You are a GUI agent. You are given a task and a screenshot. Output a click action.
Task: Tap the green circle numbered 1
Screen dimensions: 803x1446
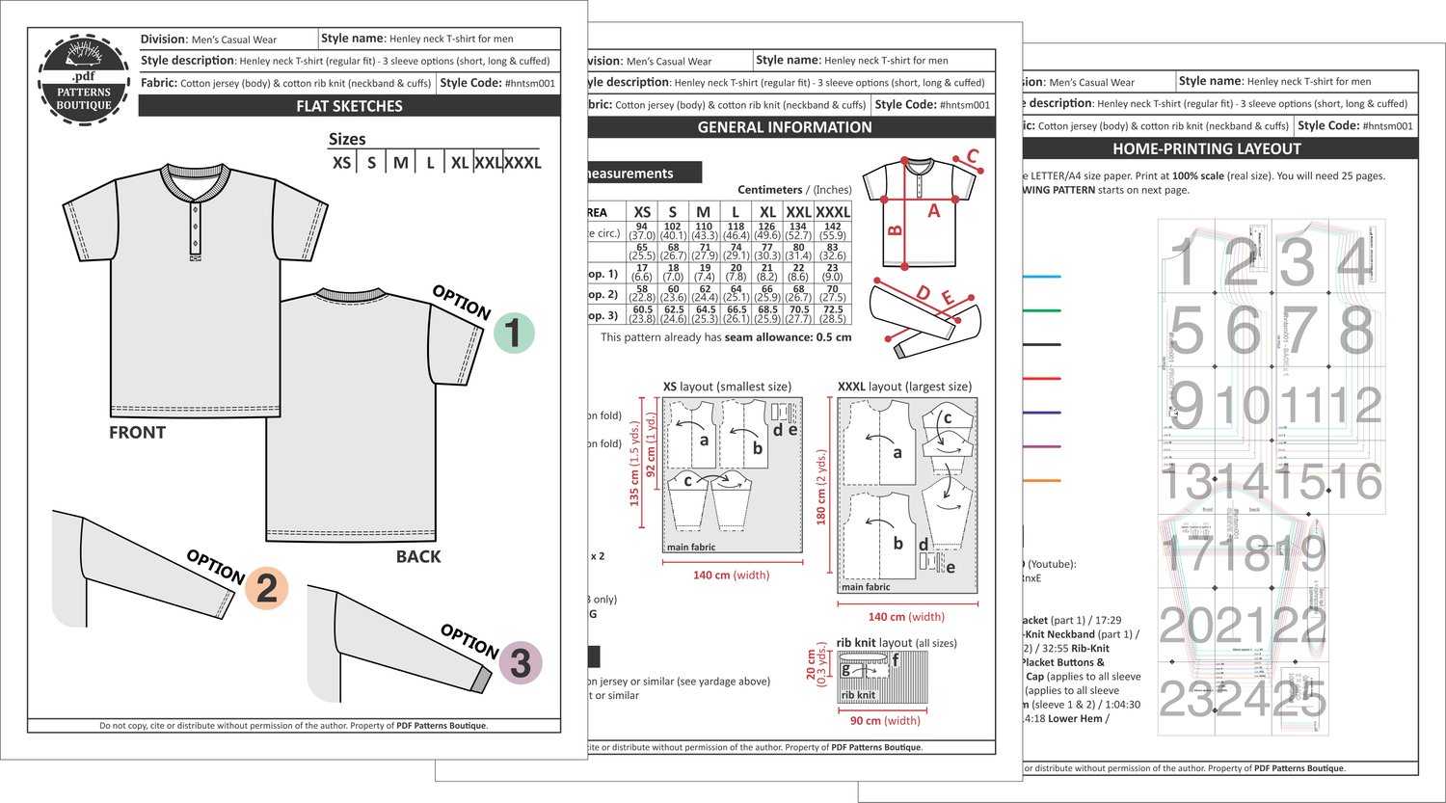514,334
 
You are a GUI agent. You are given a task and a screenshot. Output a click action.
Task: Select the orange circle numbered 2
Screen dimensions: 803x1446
266,588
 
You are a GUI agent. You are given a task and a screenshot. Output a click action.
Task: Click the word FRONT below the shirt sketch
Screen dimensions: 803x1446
137,433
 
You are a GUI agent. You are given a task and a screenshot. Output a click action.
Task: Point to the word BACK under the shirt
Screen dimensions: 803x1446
418,556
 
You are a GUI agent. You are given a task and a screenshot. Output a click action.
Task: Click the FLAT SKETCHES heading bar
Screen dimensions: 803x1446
349,106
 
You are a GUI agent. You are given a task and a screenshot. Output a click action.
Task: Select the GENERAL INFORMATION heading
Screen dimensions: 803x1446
784,127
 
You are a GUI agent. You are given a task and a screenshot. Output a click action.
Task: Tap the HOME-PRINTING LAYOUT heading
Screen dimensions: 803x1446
1206,149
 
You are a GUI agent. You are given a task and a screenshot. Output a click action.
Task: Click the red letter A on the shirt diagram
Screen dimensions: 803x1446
933,211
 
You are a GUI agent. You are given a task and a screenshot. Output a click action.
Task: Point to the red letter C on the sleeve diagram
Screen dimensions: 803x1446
973,156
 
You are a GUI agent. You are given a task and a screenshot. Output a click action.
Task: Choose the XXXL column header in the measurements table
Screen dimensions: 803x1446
833,212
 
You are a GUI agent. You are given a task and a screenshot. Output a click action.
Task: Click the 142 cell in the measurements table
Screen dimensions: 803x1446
833,228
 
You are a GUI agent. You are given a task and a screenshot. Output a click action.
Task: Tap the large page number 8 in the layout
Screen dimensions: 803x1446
1356,331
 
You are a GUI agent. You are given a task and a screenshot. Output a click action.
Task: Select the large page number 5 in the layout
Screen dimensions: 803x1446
1186,331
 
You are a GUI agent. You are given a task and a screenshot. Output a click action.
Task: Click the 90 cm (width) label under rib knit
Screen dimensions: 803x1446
884,721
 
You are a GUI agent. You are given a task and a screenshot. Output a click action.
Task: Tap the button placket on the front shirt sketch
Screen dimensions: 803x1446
196,224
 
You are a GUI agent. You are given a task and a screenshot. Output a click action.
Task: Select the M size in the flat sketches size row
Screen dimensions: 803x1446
401,163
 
